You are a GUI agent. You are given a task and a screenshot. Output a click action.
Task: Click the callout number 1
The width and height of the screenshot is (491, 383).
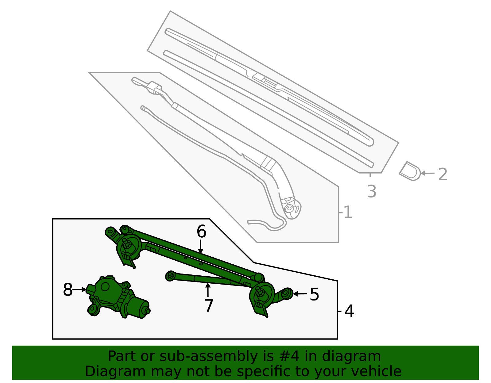point(348,212)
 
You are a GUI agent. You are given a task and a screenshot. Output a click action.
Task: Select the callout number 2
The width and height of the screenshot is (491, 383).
point(443,174)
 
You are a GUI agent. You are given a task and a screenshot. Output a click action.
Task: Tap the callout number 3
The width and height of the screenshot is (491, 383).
point(371,191)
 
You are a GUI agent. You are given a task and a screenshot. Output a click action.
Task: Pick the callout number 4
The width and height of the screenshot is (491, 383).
point(349,311)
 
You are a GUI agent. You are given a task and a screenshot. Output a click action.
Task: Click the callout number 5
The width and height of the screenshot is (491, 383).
point(314,294)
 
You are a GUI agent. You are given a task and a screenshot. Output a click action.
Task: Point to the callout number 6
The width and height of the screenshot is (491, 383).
point(201,232)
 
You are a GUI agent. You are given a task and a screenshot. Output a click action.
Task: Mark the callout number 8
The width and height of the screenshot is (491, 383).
point(68,289)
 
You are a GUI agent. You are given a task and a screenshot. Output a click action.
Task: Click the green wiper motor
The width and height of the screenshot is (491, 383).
point(117,297)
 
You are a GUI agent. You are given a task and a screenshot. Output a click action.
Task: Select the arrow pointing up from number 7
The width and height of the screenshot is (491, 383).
point(208,289)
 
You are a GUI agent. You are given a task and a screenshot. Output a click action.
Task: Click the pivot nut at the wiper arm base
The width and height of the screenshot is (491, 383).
point(289,209)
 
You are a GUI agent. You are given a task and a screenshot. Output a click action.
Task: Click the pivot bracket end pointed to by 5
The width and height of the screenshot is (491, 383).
point(288,293)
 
